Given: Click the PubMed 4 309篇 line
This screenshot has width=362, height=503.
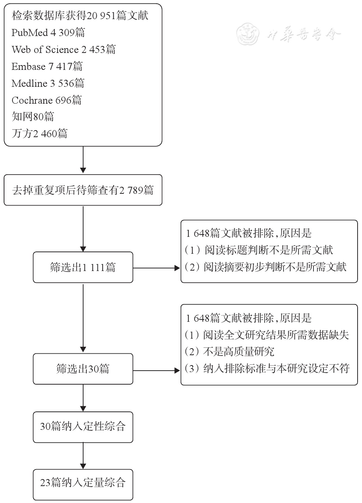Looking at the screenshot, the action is pos(48,33).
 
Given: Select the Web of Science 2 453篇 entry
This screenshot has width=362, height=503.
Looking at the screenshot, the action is pos(64,49).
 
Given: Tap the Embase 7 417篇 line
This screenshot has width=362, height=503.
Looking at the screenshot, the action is pos(47,66).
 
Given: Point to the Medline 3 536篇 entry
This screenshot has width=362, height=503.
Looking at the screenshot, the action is pos(48,83).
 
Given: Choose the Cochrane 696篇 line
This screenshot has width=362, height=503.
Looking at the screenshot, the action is pos(46,100).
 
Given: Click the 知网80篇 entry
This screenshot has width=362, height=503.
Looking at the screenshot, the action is pos(33,117).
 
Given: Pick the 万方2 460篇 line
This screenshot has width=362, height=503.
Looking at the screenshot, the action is pos(39,133).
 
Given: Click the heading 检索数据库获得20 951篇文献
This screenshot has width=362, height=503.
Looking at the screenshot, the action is pos(80,16).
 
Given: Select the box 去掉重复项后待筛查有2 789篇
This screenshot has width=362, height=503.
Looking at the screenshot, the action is pos(83,190).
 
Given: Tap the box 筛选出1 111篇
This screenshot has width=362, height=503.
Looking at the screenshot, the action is pos(83,267).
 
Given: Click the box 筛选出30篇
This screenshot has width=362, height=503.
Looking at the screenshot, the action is pos(83,369).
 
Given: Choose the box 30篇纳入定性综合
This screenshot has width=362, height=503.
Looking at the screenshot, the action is pos(83,427).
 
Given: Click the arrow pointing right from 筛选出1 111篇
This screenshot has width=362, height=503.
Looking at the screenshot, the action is pos(157,268).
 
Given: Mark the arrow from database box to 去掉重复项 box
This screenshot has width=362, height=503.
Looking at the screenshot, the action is pos(83,160).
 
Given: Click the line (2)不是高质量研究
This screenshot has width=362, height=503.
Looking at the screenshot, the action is pos(230,352).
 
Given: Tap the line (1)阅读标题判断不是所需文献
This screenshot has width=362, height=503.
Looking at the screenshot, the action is pos(259,250).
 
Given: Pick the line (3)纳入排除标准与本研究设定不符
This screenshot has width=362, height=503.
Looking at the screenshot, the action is pos(267,368).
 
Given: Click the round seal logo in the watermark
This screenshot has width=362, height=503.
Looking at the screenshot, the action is pos(248,34).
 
